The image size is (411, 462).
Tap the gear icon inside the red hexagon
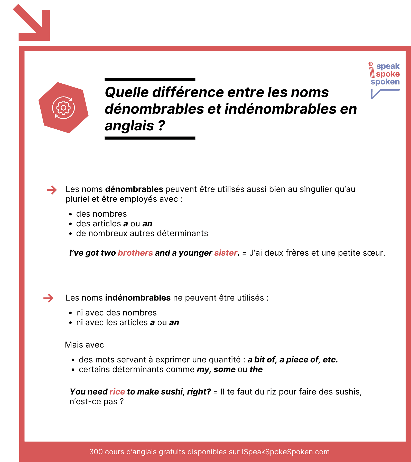coord(63,108)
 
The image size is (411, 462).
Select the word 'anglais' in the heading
coord(129,126)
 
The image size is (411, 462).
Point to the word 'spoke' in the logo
coord(388,74)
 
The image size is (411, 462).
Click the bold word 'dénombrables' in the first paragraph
coord(134,189)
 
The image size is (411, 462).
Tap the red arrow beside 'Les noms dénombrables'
coord(52,190)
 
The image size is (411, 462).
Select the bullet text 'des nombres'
coord(101,214)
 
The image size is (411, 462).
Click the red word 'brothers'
coord(135,253)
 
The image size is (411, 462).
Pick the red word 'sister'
coord(226,253)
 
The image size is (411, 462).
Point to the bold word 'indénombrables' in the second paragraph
coord(138,298)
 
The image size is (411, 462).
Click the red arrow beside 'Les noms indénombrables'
coord(48,298)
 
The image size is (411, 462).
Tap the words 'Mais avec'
coord(85,345)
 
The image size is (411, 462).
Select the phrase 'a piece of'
coord(299,360)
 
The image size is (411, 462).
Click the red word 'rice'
coord(117,392)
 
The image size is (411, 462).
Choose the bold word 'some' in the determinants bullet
coord(224,370)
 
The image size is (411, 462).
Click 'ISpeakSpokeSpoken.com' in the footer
coord(285,452)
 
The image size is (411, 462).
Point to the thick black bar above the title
coord(150,79)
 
